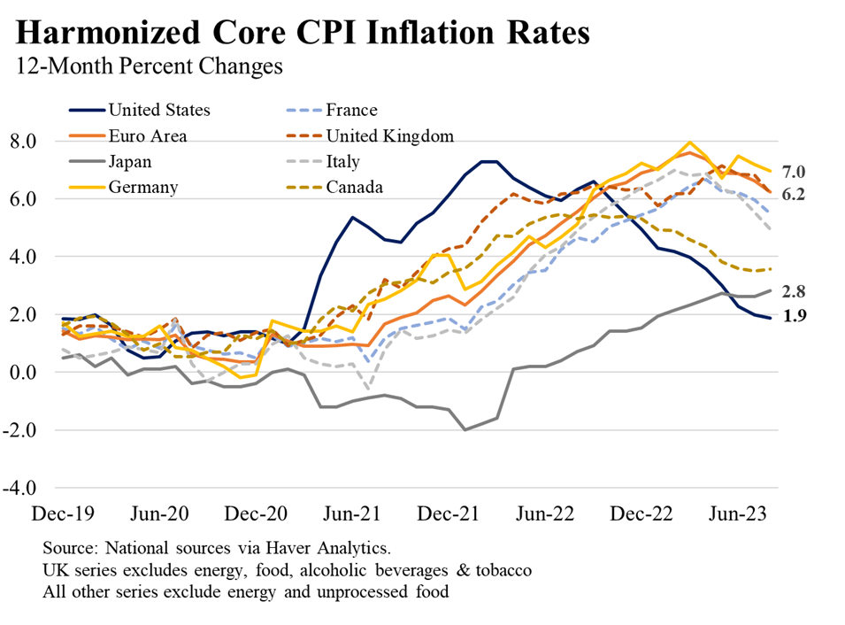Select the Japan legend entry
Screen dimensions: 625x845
pos(130,161)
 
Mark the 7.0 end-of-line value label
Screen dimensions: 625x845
pos(794,172)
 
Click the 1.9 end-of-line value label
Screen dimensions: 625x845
pos(794,315)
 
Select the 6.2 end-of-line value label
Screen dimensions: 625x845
pos(794,194)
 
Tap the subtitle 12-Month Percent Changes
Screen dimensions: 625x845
pos(150,66)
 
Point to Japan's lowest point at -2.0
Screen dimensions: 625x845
pos(464,429)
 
